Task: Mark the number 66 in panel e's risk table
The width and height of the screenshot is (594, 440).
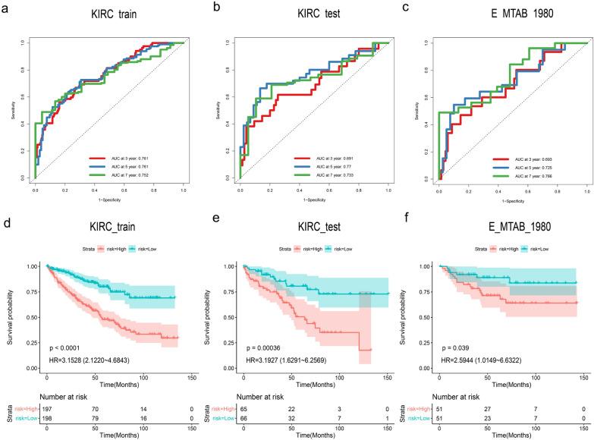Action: point(244,419)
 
